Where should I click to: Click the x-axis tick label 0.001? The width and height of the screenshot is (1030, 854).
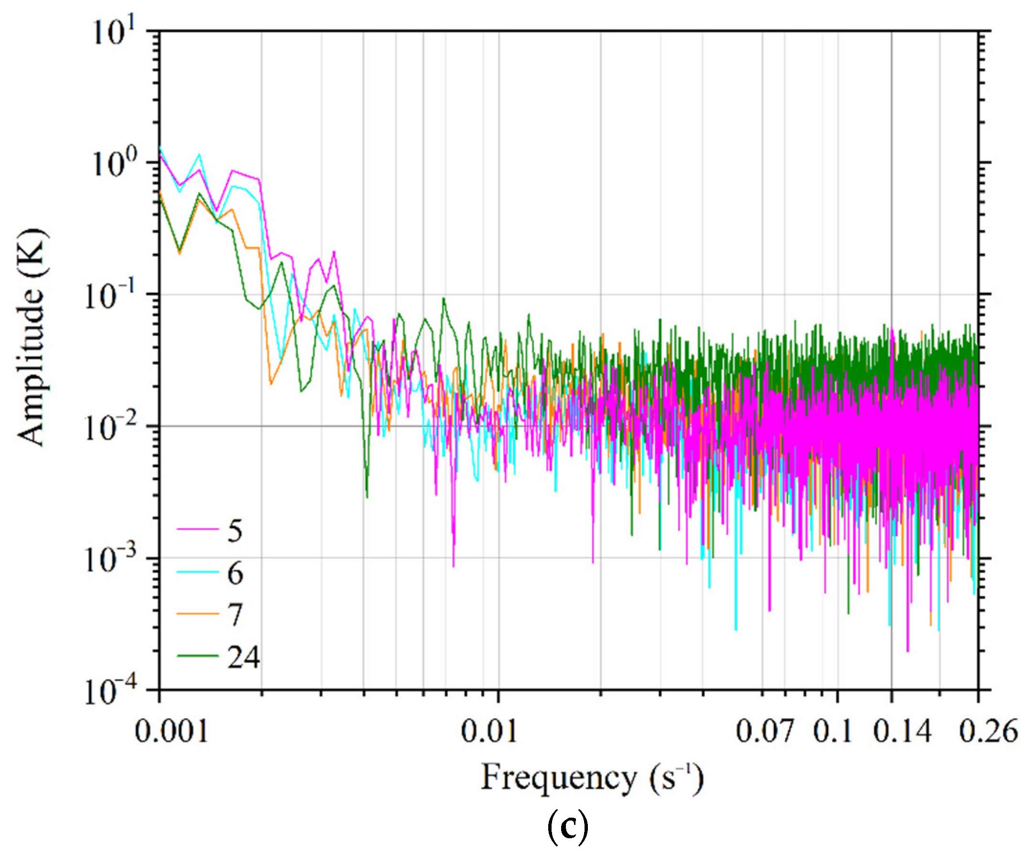172,731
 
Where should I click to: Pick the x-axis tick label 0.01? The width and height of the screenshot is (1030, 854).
489,731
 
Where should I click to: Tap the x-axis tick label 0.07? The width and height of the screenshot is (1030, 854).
764,731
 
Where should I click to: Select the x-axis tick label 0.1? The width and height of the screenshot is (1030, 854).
833,731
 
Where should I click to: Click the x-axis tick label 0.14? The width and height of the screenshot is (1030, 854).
902,731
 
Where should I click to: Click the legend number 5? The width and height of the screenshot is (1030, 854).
235,531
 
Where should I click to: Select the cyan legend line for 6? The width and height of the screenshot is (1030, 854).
197,573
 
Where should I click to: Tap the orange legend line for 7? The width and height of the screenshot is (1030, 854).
197,614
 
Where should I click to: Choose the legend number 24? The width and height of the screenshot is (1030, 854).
243,657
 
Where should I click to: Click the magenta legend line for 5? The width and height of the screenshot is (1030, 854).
197,530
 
